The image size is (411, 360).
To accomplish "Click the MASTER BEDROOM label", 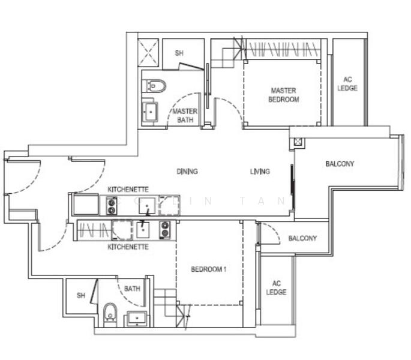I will (283, 95).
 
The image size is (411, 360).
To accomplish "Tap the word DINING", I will (187, 172).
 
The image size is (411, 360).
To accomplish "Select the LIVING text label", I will (260, 172).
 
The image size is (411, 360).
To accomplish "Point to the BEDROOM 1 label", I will (208, 269).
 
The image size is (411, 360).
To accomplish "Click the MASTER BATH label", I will (185, 116).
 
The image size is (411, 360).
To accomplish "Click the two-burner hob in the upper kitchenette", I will (112, 206).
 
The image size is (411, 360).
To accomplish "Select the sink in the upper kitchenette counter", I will (148, 206).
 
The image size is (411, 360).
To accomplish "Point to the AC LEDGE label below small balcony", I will (277, 288).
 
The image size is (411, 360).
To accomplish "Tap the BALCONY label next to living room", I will (340, 164).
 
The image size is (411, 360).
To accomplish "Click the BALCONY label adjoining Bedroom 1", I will (302, 238).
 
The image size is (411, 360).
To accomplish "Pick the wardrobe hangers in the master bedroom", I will (282, 48).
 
